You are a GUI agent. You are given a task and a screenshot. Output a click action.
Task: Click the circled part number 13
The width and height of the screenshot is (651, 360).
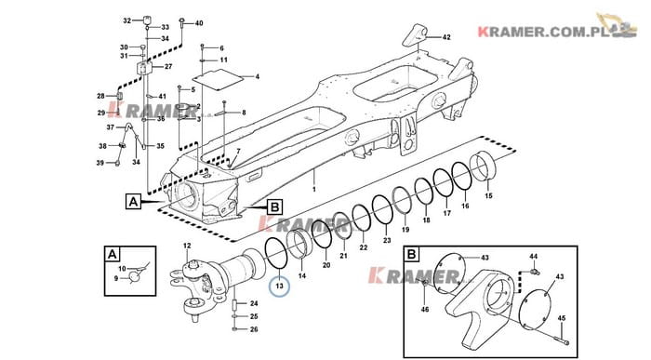279,287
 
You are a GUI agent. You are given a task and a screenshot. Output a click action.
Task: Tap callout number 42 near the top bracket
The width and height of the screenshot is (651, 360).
446,37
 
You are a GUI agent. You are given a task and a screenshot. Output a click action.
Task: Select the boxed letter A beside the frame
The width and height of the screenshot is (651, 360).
133,202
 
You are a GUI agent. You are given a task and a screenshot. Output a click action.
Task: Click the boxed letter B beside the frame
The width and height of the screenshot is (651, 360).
275,207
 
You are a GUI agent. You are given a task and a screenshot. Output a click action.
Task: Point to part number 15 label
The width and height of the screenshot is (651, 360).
489,195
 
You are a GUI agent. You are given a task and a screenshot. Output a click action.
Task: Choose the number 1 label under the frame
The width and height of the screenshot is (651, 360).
314,190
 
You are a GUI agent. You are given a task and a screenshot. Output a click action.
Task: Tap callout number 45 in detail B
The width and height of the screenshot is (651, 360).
562,318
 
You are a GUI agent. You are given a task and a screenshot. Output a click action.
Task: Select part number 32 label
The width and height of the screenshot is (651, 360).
127,20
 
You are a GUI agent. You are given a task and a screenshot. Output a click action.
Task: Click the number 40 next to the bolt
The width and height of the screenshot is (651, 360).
199,23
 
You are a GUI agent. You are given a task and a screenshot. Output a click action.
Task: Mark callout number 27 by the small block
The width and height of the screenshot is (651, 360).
168,66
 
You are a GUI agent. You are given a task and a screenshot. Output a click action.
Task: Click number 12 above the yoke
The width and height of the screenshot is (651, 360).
187,246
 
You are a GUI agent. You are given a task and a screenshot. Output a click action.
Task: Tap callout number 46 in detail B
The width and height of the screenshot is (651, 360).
425,310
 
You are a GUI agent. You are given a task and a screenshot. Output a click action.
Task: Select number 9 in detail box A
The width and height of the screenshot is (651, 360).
116,278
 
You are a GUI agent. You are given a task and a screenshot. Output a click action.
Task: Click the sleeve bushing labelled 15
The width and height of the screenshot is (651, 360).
485,167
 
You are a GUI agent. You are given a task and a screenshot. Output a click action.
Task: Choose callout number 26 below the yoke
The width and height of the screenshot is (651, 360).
254,329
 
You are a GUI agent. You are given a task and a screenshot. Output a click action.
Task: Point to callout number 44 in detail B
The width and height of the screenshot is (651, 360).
534,257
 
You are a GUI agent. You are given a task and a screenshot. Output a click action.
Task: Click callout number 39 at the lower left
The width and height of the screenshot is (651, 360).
100,163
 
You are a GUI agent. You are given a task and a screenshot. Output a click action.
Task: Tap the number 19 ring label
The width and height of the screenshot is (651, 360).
405,229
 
